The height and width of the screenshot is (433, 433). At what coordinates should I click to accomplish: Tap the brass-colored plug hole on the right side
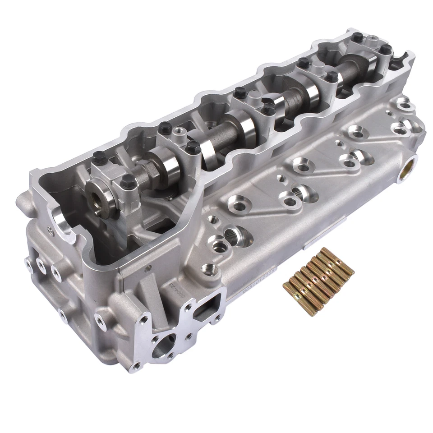tap(407, 171)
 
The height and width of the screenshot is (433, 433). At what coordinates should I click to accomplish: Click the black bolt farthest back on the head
tap(357, 37)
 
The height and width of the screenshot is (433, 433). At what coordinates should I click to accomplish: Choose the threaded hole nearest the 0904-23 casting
tap(209, 270)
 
